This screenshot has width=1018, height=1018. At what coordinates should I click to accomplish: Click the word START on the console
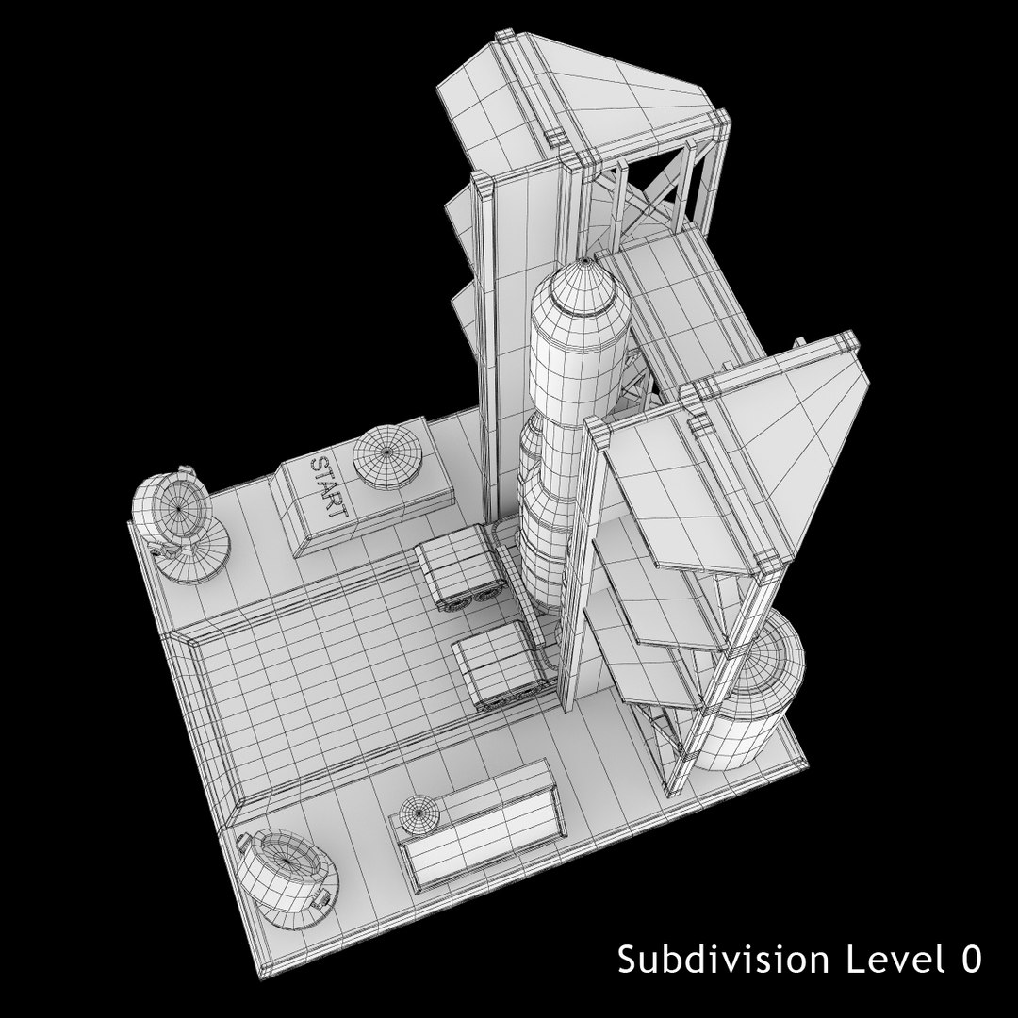(329, 487)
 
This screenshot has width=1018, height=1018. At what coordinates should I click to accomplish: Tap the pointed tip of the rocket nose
(584, 261)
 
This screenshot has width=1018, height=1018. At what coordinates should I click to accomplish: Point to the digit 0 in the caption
(971, 960)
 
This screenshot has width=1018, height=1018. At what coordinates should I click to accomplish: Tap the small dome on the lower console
(419, 814)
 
